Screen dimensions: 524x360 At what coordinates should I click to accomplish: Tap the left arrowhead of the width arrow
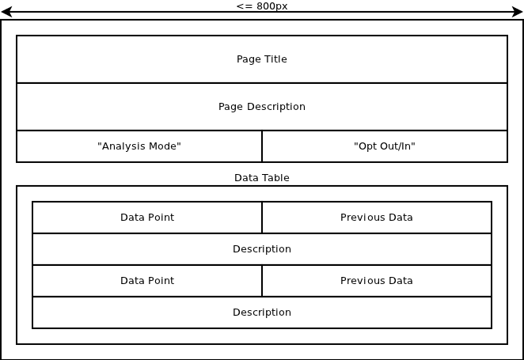click(6, 12)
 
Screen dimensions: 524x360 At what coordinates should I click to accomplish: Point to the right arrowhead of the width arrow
click(518, 12)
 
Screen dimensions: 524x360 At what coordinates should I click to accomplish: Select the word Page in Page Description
click(231, 107)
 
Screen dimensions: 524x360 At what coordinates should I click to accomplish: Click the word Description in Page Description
click(276, 107)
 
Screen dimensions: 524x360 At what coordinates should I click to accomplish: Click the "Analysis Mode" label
click(139, 146)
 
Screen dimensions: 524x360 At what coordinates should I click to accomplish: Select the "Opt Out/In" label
click(385, 146)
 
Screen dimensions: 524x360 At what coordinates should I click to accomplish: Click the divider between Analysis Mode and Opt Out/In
click(262, 146)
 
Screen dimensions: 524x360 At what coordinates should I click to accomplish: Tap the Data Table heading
click(262, 178)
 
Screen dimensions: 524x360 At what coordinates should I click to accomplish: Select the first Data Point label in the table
click(147, 218)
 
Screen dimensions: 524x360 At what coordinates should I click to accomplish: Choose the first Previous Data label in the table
click(376, 218)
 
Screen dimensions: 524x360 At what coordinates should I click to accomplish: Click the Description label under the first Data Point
click(262, 249)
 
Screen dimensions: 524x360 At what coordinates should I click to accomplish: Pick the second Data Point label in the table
click(147, 281)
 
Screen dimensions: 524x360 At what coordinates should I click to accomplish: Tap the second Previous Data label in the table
click(376, 281)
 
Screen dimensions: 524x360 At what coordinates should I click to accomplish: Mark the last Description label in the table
click(262, 313)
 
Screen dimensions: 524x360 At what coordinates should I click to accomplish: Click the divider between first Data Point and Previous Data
click(262, 218)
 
